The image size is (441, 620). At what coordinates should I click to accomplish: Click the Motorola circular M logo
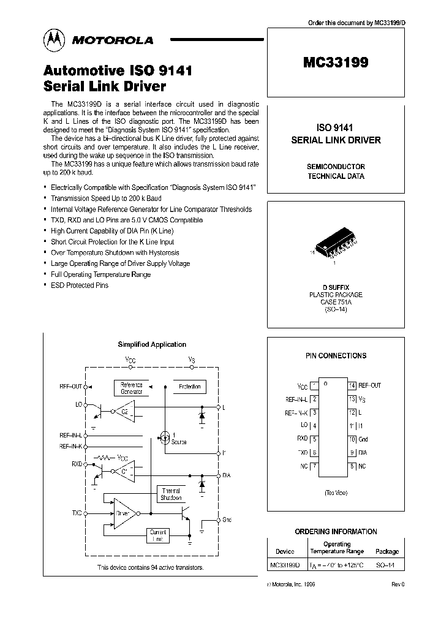coord(52,40)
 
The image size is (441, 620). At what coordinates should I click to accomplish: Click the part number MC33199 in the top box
coord(335,61)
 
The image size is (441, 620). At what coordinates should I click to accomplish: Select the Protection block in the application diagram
coord(189,387)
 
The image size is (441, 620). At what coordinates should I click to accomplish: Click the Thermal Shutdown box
coord(171,494)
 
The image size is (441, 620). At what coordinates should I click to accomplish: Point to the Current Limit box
coord(158,535)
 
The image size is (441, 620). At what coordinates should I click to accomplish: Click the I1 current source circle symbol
coord(164,437)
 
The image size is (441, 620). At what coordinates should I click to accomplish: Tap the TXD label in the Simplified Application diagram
coord(77,512)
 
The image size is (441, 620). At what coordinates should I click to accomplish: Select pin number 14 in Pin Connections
coord(352,385)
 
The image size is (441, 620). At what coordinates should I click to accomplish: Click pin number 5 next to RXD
coord(314,439)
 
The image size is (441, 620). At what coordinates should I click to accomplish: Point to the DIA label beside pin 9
coord(363,453)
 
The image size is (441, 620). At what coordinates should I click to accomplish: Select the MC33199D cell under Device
coord(285,564)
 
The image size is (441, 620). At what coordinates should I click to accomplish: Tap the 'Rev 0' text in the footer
coord(398,585)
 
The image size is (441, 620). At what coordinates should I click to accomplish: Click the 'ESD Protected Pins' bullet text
coord(80,285)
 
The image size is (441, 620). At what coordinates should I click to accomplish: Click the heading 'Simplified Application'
coord(152,345)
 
